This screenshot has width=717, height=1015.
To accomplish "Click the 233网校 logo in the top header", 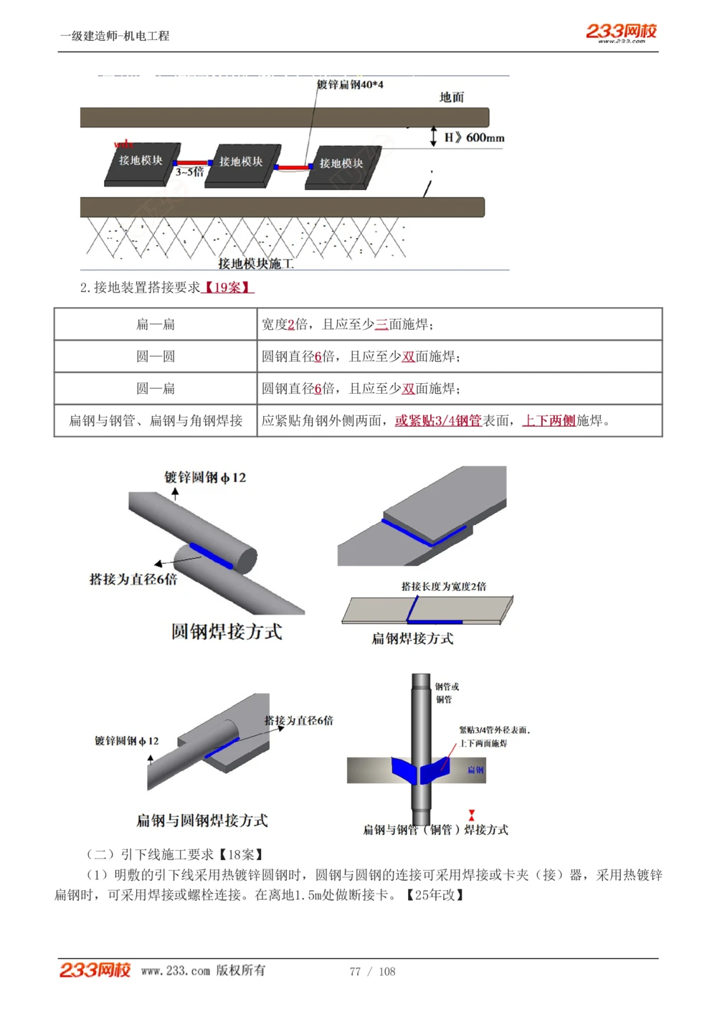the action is coord(621,32).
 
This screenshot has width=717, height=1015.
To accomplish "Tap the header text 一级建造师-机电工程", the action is coord(115,36).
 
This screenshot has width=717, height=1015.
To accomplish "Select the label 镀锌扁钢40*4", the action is coord(350,85).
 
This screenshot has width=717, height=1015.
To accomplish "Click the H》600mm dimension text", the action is coord(474,137).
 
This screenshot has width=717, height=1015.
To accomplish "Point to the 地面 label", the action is coord(452,98).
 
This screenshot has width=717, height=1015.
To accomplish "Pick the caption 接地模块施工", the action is coord(256,264).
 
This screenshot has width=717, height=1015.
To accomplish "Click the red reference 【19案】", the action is coord(228,288).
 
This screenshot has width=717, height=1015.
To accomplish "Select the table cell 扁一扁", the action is coord(156,324).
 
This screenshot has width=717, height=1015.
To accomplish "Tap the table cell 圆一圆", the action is coord(156,357).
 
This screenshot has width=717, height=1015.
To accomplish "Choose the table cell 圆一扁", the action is coord(156,389).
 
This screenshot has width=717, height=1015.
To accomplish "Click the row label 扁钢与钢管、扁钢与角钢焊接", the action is coord(156,421).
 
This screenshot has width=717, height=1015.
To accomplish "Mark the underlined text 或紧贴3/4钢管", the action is coord(438,421).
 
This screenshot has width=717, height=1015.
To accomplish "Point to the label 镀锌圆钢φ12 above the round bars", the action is coord(205,477).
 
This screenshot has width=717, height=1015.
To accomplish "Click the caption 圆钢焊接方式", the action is coord(227,632).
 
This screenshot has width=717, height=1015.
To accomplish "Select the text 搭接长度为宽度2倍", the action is coord(444,586).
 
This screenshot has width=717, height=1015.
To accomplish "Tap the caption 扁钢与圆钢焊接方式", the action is coord(202,820).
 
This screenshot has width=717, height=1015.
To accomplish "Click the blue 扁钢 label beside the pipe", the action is coord(475,770).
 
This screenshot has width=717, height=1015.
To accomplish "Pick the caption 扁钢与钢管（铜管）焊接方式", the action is coord(435,830).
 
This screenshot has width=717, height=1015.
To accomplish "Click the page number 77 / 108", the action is coord(372,971).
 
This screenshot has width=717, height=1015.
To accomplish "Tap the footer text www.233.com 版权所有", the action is coord(203,971).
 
